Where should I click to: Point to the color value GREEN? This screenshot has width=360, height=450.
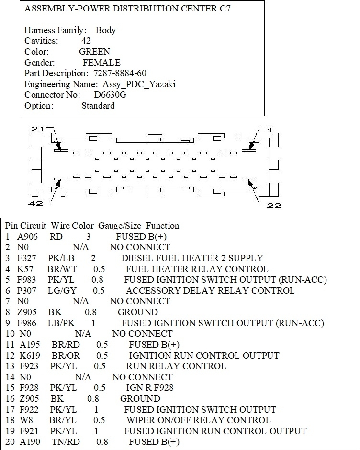point(94,52)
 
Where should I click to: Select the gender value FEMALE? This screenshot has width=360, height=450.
point(101,63)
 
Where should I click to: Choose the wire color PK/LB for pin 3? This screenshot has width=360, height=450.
point(60,258)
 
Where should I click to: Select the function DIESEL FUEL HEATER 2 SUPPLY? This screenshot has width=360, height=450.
point(192,258)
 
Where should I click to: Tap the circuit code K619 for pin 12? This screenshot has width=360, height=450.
point(30,356)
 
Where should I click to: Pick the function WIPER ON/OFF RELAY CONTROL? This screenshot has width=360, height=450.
point(198,420)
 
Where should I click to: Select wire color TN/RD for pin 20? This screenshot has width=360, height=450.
point(66,442)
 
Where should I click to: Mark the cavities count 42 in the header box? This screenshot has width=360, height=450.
point(86,41)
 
